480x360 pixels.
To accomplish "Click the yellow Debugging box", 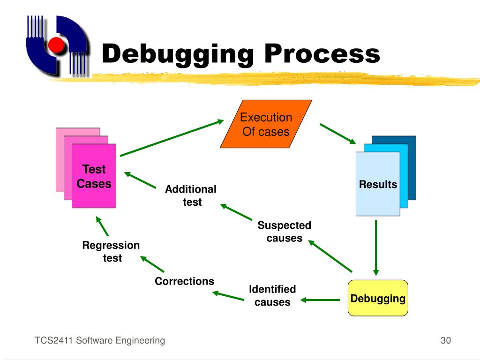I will coord(378,298).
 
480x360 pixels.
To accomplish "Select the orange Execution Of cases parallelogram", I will coord(266,124).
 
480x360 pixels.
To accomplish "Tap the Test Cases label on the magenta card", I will coord(94,176).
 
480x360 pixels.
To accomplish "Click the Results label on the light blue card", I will coord(378,184).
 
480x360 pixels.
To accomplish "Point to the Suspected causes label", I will coord(284,232).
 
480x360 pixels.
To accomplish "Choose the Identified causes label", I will coord(272,295).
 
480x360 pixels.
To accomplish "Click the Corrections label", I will coord(184,281).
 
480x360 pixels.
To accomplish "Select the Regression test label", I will coord(111,251).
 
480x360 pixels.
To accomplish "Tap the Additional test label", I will coord(191,195).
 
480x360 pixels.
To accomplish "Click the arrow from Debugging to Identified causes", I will coord(320,299).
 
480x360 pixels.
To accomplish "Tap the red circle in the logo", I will coord(56,45).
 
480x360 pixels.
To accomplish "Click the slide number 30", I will coord(445,340).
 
